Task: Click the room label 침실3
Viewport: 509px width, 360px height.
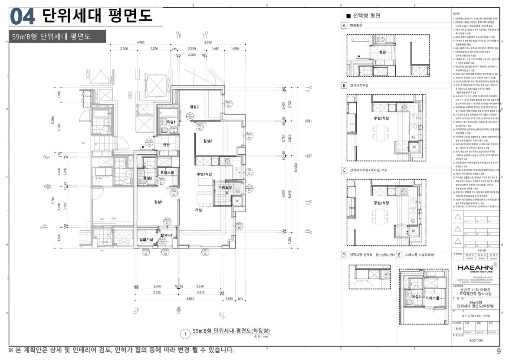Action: click(x=194, y=107)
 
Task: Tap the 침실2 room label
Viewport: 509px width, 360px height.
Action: click(x=207, y=141)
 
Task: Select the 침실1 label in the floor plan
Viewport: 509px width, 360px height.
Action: click(x=158, y=202)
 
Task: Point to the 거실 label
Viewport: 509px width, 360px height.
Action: click(x=199, y=210)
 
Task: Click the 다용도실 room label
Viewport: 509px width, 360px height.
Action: click(x=225, y=187)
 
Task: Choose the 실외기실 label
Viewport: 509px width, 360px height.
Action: click(x=146, y=239)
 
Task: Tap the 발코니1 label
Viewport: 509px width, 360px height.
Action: click(x=167, y=235)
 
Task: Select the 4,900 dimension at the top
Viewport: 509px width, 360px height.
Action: click(x=141, y=43)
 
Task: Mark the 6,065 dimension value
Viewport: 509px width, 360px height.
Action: click(x=208, y=43)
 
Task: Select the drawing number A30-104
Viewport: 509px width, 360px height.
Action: click(x=476, y=340)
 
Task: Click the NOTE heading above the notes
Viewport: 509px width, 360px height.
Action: click(x=456, y=14)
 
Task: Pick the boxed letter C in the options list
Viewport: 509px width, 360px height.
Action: click(x=344, y=170)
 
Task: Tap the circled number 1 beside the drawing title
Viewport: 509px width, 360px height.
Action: click(x=185, y=334)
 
